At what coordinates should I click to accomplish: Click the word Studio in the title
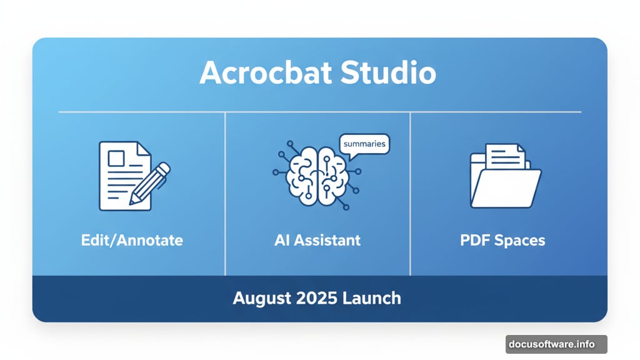(x=388, y=73)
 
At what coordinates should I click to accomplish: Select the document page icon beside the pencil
(x=121, y=176)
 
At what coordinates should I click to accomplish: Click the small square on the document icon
(x=116, y=158)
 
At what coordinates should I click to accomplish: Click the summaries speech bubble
(x=364, y=144)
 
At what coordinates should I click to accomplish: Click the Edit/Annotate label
(x=132, y=240)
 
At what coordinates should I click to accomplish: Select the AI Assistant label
(x=317, y=240)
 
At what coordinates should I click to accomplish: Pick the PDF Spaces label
(x=502, y=240)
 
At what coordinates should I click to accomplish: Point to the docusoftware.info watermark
(x=556, y=344)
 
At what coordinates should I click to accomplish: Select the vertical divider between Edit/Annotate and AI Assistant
(x=225, y=194)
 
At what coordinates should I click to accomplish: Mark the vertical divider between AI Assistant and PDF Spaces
(x=410, y=194)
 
